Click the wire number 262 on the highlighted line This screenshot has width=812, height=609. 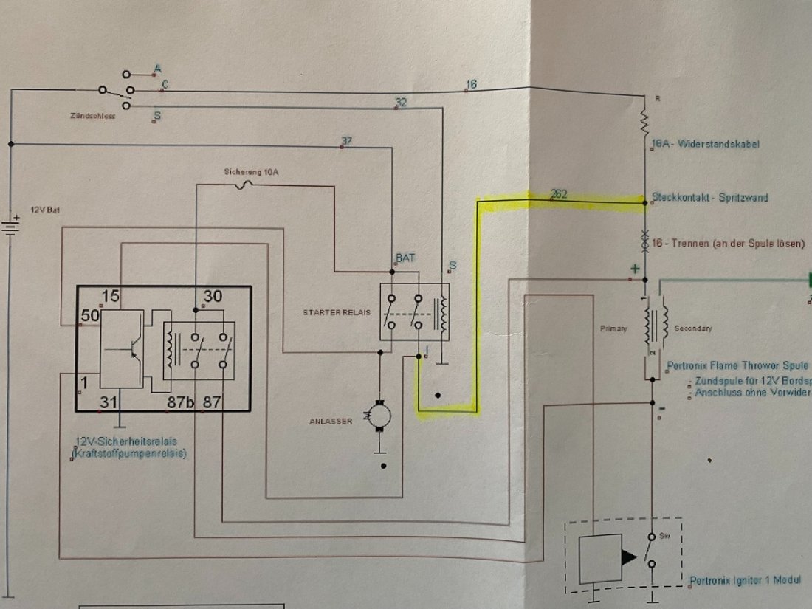point(559,195)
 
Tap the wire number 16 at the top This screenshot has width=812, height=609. point(472,85)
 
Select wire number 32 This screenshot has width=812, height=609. point(401,103)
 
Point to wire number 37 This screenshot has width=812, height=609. point(347,140)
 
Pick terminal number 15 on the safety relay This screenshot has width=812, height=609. point(111,297)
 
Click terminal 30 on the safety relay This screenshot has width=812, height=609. point(213,297)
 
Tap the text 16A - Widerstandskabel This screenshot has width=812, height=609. point(706,144)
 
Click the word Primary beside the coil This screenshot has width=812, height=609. point(613,328)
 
